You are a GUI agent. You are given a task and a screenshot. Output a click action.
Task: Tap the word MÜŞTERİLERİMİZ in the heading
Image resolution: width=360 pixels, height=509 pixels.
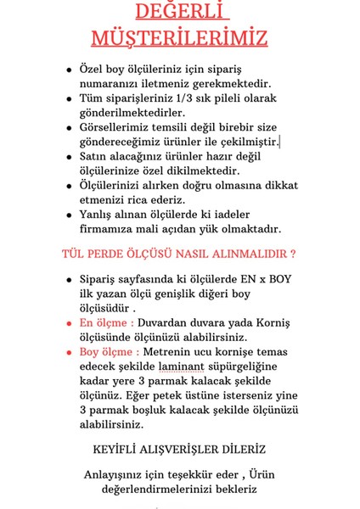(x=179, y=39)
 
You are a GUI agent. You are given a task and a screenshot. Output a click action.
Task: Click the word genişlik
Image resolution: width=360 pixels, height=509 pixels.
(x=199, y=294)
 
